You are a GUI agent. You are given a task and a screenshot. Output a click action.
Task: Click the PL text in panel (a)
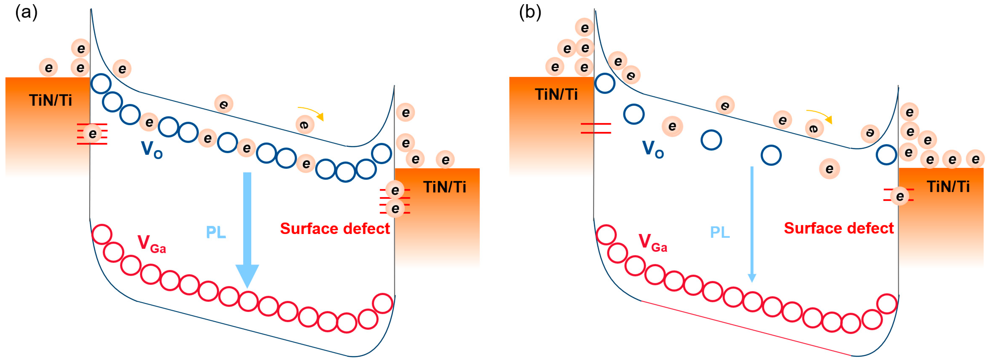(216, 232)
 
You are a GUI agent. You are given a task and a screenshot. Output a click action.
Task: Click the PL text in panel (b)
(720, 232)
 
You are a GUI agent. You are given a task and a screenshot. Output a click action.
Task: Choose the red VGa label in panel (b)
(653, 243)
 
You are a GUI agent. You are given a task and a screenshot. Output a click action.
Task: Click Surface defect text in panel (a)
(335, 229)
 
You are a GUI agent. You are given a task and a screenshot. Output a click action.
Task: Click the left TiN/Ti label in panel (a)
(50, 100)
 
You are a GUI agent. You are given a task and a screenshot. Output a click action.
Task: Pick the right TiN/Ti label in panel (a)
(445, 187)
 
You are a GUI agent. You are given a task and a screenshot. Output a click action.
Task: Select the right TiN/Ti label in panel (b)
(948, 187)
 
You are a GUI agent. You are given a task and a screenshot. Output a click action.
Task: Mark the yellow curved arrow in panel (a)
(312, 112)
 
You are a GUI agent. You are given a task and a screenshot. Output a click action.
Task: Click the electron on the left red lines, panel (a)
(92, 133)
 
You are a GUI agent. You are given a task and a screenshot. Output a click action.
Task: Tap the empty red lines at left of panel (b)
(595, 128)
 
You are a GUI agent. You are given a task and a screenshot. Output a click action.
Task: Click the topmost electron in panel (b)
(584, 28)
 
